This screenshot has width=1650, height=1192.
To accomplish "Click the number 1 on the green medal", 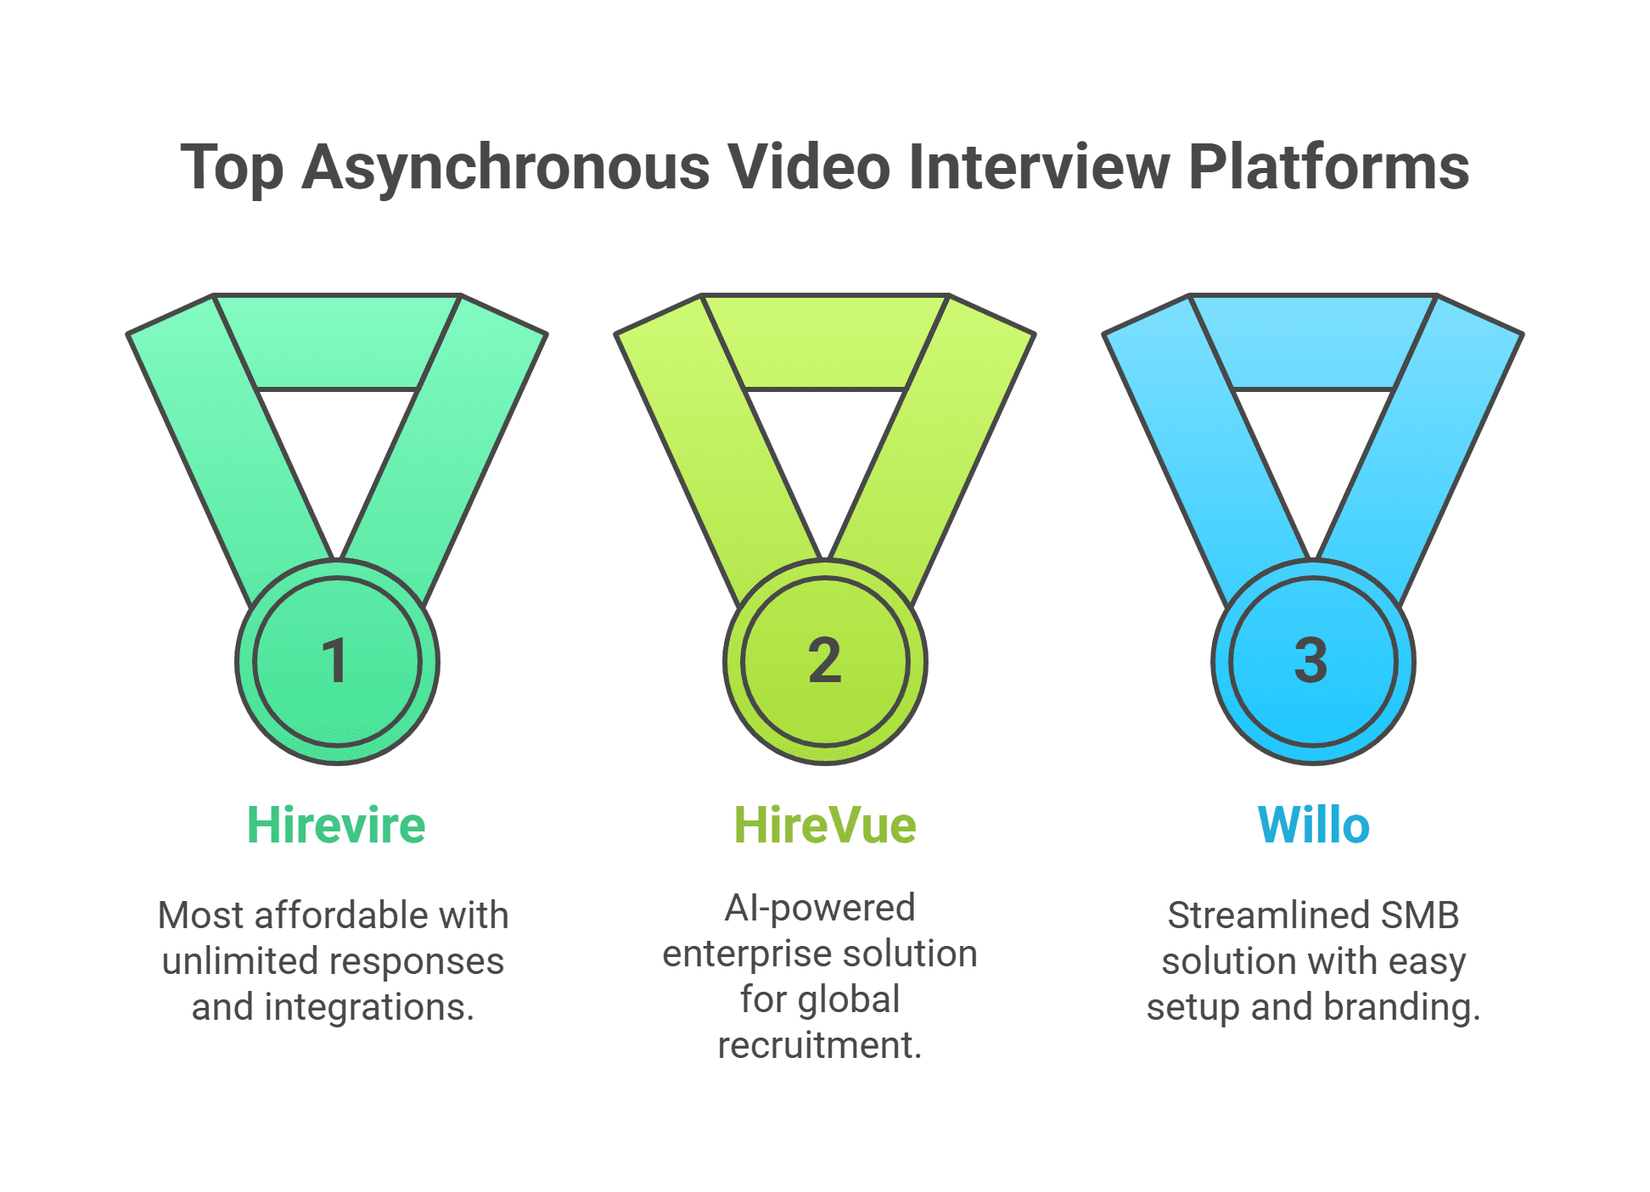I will click(x=336, y=660).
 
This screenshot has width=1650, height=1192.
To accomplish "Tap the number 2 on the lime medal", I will click(x=824, y=660).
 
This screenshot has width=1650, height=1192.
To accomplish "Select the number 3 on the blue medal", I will click(x=1311, y=660).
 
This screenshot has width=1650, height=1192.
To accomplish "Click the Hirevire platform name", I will click(x=336, y=825).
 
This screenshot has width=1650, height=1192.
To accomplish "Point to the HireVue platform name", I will click(x=824, y=825).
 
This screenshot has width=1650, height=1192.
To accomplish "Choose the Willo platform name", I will click(x=1313, y=825).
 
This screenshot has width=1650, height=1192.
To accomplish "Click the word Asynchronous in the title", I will click(x=505, y=167).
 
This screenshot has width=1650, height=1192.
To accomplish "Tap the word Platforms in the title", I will click(x=1328, y=167).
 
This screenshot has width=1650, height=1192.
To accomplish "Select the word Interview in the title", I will click(x=1039, y=167).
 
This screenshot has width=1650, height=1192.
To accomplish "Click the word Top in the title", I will click(x=231, y=167).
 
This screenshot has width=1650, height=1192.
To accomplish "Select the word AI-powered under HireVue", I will click(x=819, y=908).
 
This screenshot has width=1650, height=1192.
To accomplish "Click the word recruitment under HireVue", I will click(x=819, y=1045).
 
